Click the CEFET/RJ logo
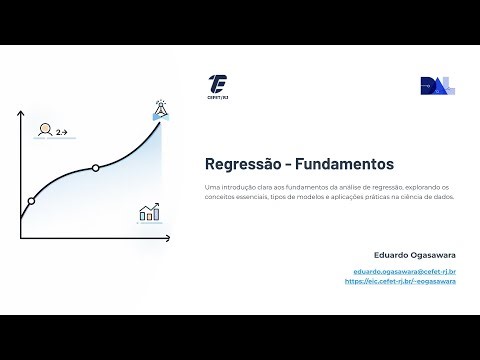point(219,85)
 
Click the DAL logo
point(437,86)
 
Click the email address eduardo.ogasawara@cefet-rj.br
point(405,271)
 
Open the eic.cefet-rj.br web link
point(400,281)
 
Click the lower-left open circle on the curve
point(31,201)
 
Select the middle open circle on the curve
point(95,167)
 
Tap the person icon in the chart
point(44,129)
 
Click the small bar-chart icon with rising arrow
point(150,212)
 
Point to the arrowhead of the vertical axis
point(21,113)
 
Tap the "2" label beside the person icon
point(59,131)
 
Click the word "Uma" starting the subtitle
point(210,187)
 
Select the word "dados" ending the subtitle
point(444,197)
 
